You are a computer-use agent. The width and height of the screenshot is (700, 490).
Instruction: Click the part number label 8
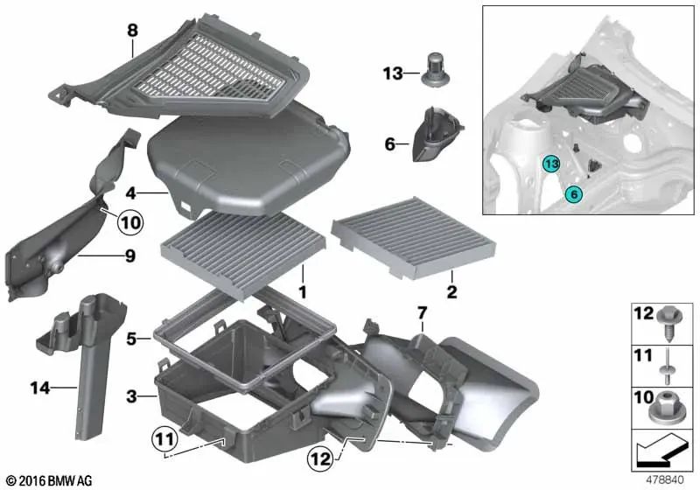tap(132, 30)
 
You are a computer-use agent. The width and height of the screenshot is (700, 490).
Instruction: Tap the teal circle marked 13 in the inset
tap(549, 164)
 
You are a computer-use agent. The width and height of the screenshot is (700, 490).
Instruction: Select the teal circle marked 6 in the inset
tap(573, 194)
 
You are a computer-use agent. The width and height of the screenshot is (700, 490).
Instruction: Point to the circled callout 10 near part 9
tap(129, 223)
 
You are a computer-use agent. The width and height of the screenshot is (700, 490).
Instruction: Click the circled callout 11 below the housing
tap(165, 436)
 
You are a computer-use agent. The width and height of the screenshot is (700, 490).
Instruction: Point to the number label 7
tap(420, 312)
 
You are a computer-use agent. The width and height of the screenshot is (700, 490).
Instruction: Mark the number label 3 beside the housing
tap(130, 396)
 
